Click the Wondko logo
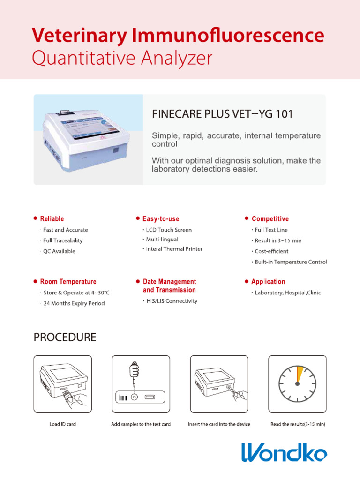coord(284,452)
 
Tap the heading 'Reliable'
coord(52,219)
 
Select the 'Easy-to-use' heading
coord(160,219)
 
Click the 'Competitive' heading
coord(270,219)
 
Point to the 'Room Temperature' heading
coord(68,282)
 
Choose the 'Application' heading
coord(268,282)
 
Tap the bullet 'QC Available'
coord(59,251)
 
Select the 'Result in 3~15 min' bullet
coord(278,240)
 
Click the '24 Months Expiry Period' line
coord(74,303)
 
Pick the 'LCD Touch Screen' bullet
coord(169,230)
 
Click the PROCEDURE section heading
coord(65,337)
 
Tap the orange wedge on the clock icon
coord(300,374)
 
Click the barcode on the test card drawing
coord(122,398)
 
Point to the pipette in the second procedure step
coord(134,373)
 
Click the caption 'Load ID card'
coord(63,424)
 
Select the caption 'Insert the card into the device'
coord(219,424)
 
